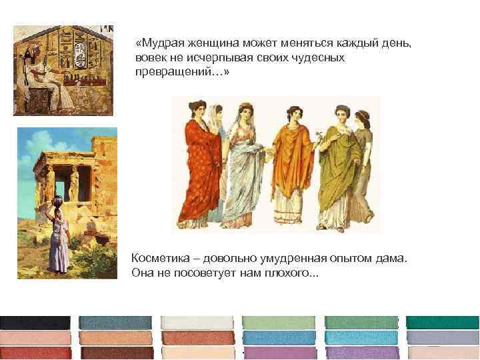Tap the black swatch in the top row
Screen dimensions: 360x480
pos(35,322)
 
